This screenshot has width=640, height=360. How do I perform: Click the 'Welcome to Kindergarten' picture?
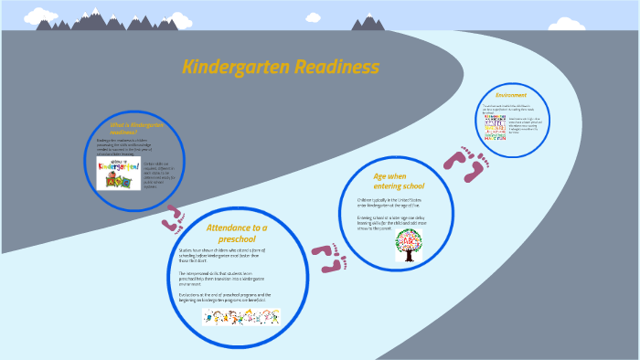pyautogui.click(x=119, y=171)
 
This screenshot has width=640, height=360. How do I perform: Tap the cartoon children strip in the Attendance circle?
pyautogui.click(x=240, y=316)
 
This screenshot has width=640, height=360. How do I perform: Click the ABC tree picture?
pyautogui.click(x=409, y=245)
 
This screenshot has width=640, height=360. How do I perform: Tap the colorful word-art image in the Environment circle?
pyautogui.click(x=493, y=127)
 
